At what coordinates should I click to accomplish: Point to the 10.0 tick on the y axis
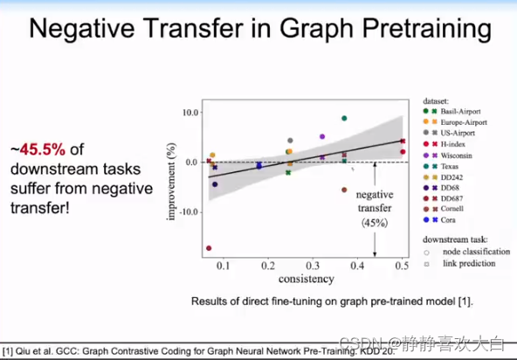click(x=190, y=113)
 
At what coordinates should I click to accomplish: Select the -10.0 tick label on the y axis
click(x=188, y=211)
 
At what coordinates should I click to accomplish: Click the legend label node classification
click(x=472, y=251)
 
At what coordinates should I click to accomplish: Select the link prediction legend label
click(x=466, y=263)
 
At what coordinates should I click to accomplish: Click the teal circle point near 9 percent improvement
click(x=344, y=118)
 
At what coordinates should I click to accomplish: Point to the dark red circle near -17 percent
click(x=209, y=248)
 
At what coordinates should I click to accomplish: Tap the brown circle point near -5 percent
click(x=344, y=190)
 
